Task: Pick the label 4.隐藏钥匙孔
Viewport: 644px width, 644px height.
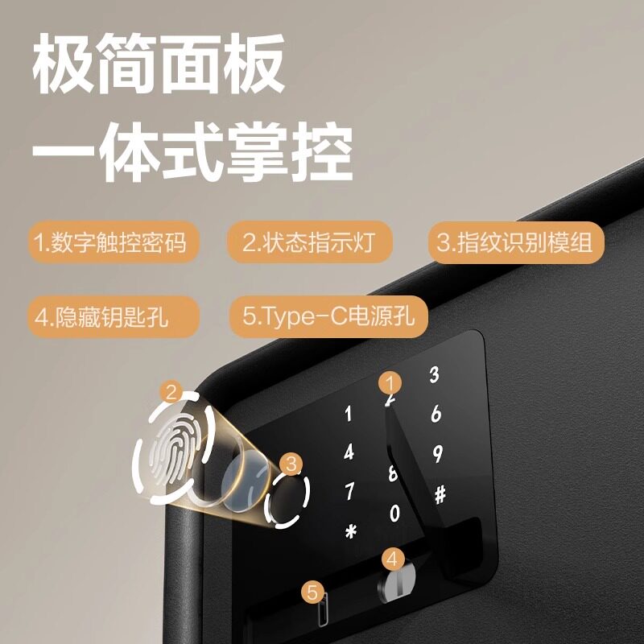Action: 102,316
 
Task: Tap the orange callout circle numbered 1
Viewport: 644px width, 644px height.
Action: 390,382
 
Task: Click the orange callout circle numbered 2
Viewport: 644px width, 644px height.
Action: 171,392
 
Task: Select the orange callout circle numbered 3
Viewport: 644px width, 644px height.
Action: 292,463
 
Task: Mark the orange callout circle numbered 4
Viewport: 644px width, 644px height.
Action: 392,557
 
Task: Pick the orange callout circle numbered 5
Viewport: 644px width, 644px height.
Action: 313,593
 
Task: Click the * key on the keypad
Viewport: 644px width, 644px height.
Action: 349,531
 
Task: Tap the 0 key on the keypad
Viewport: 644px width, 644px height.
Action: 394,513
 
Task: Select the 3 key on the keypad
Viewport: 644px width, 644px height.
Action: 434,374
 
